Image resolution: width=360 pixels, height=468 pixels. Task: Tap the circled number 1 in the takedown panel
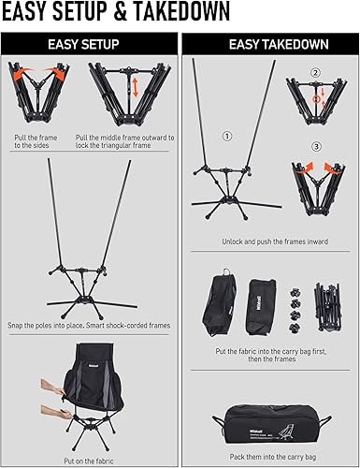pos(225,135)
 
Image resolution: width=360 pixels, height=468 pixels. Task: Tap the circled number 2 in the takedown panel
pos(315,72)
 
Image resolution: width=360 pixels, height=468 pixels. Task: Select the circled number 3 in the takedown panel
pos(315,146)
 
